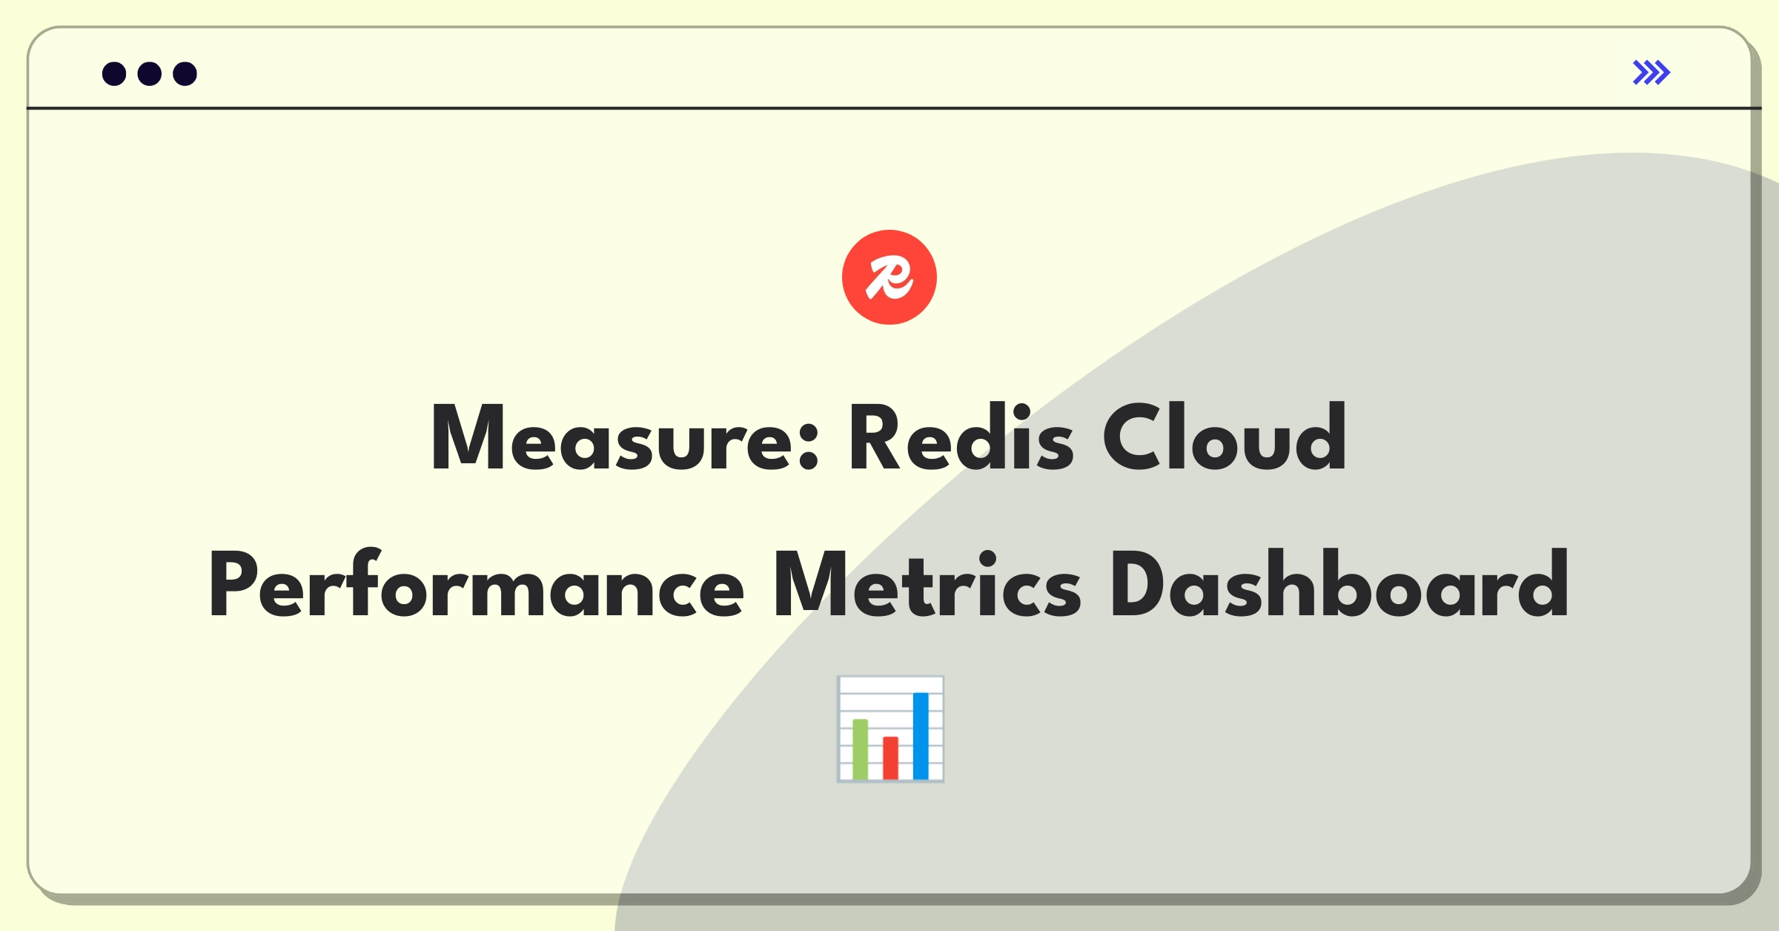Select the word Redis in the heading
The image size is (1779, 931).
[961, 437]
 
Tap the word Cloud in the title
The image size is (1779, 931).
[1225, 437]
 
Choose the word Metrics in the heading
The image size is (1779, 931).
[927, 584]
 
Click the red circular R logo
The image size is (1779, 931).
[889, 277]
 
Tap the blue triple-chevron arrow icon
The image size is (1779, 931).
[1652, 73]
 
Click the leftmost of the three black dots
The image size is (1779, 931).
[114, 74]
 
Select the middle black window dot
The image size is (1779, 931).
[150, 74]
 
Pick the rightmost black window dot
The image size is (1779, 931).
[185, 74]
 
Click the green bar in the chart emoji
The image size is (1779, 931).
[861, 749]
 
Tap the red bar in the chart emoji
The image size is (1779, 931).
[890, 758]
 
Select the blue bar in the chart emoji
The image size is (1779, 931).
[921, 735]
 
